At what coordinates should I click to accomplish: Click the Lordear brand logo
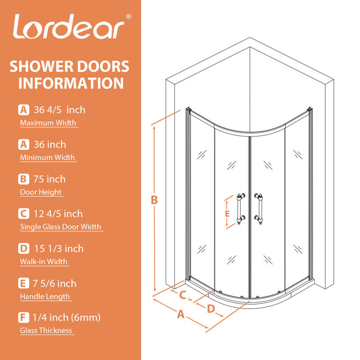[x=69, y=27]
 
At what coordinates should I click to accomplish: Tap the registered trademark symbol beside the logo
[x=129, y=17]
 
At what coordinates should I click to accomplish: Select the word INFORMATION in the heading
[x=71, y=83]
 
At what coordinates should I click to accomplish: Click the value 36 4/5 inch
[x=59, y=110]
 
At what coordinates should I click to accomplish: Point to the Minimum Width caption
[x=47, y=157]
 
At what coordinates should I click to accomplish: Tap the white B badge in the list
[x=24, y=179]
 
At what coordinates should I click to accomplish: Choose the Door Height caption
[x=41, y=192]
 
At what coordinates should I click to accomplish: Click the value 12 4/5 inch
[x=58, y=214]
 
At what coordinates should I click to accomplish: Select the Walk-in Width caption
[x=44, y=261]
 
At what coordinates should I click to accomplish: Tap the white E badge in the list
[x=24, y=283]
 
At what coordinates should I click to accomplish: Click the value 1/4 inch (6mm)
[x=67, y=318]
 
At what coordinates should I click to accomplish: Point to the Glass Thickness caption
[x=46, y=331]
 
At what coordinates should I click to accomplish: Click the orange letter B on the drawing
[x=154, y=200]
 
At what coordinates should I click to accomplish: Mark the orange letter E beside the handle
[x=227, y=214]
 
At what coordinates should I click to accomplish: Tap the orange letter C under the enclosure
[x=183, y=295]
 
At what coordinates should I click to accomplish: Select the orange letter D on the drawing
[x=211, y=309]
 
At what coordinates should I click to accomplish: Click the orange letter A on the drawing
[x=181, y=314]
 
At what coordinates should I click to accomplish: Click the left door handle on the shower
[x=240, y=209]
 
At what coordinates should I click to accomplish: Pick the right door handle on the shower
[x=259, y=209]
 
